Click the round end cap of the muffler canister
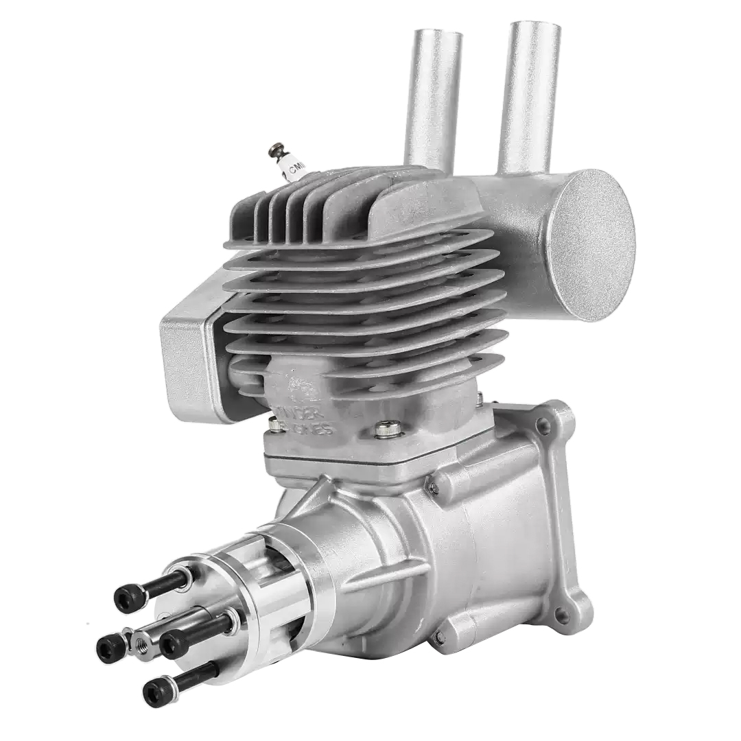pos(591,244)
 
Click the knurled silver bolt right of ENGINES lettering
pos(388,430)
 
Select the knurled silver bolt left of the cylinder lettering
pos(275,425)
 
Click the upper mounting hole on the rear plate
pos(543,427)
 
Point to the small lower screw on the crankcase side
pos(438,637)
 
